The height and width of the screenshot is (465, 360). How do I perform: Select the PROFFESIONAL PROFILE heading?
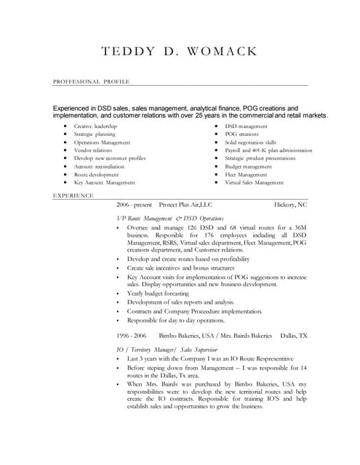click(91, 82)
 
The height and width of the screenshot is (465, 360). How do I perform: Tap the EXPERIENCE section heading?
click(73, 196)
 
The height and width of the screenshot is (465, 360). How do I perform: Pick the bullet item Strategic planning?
click(95, 134)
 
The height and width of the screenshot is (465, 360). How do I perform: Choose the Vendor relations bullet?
click(93, 150)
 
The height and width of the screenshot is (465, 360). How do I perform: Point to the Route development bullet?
click(96, 174)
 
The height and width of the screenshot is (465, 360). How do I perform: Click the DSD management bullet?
click(247, 126)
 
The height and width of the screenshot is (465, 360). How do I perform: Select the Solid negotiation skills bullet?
click(251, 142)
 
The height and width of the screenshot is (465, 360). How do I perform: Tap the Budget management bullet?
click(248, 166)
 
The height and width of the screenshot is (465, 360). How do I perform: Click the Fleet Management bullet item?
click(246, 174)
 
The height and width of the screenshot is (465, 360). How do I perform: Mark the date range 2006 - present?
click(135, 205)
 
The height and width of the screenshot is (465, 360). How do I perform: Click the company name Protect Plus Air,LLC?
click(185, 205)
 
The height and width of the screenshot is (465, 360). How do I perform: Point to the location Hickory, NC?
click(290, 205)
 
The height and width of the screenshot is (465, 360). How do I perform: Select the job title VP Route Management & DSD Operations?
click(169, 218)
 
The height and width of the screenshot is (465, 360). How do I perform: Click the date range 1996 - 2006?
click(132, 336)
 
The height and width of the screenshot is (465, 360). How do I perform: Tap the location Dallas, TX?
click(293, 336)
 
